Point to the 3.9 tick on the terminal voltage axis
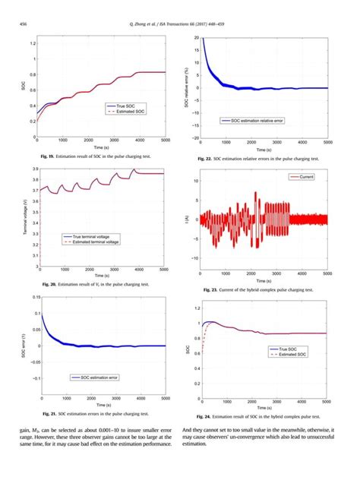33,170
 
